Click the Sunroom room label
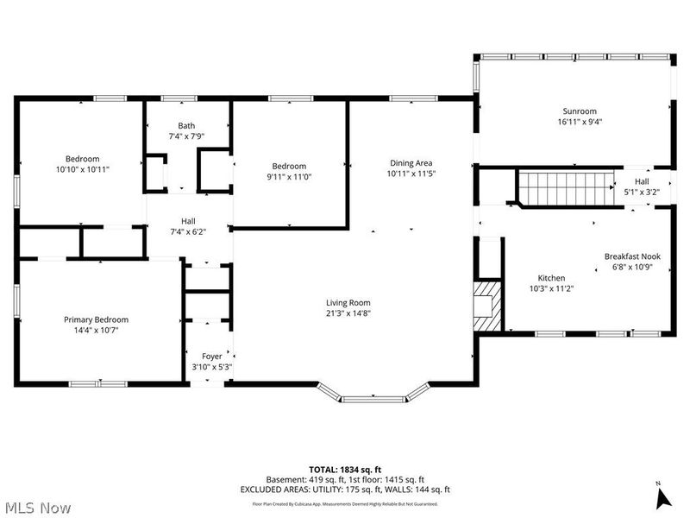[580, 111]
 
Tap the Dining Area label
[410, 162]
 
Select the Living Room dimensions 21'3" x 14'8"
[348, 314]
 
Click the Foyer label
[211, 356]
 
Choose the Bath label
[186, 125]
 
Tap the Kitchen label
[551, 278]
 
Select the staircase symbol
[564, 188]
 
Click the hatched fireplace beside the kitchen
[487, 304]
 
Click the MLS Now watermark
[37, 508]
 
